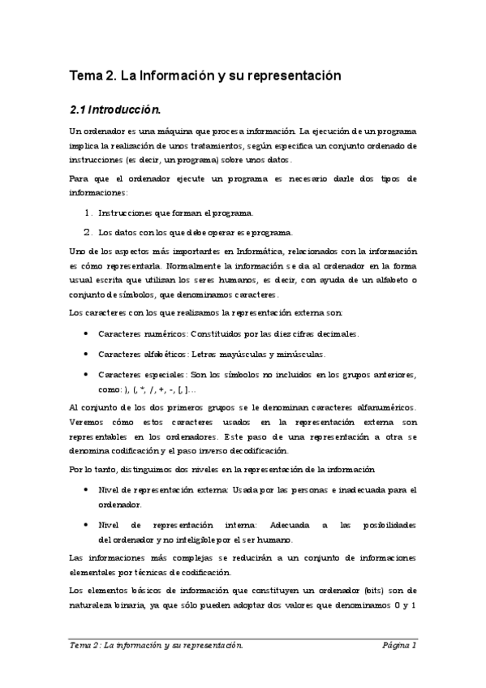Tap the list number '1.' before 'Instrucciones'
[88, 213]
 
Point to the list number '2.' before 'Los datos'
[88, 231]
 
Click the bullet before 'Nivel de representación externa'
[87, 490]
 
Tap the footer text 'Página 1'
[400, 646]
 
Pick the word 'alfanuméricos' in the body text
[382, 406]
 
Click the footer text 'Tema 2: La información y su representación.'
[157, 646]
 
